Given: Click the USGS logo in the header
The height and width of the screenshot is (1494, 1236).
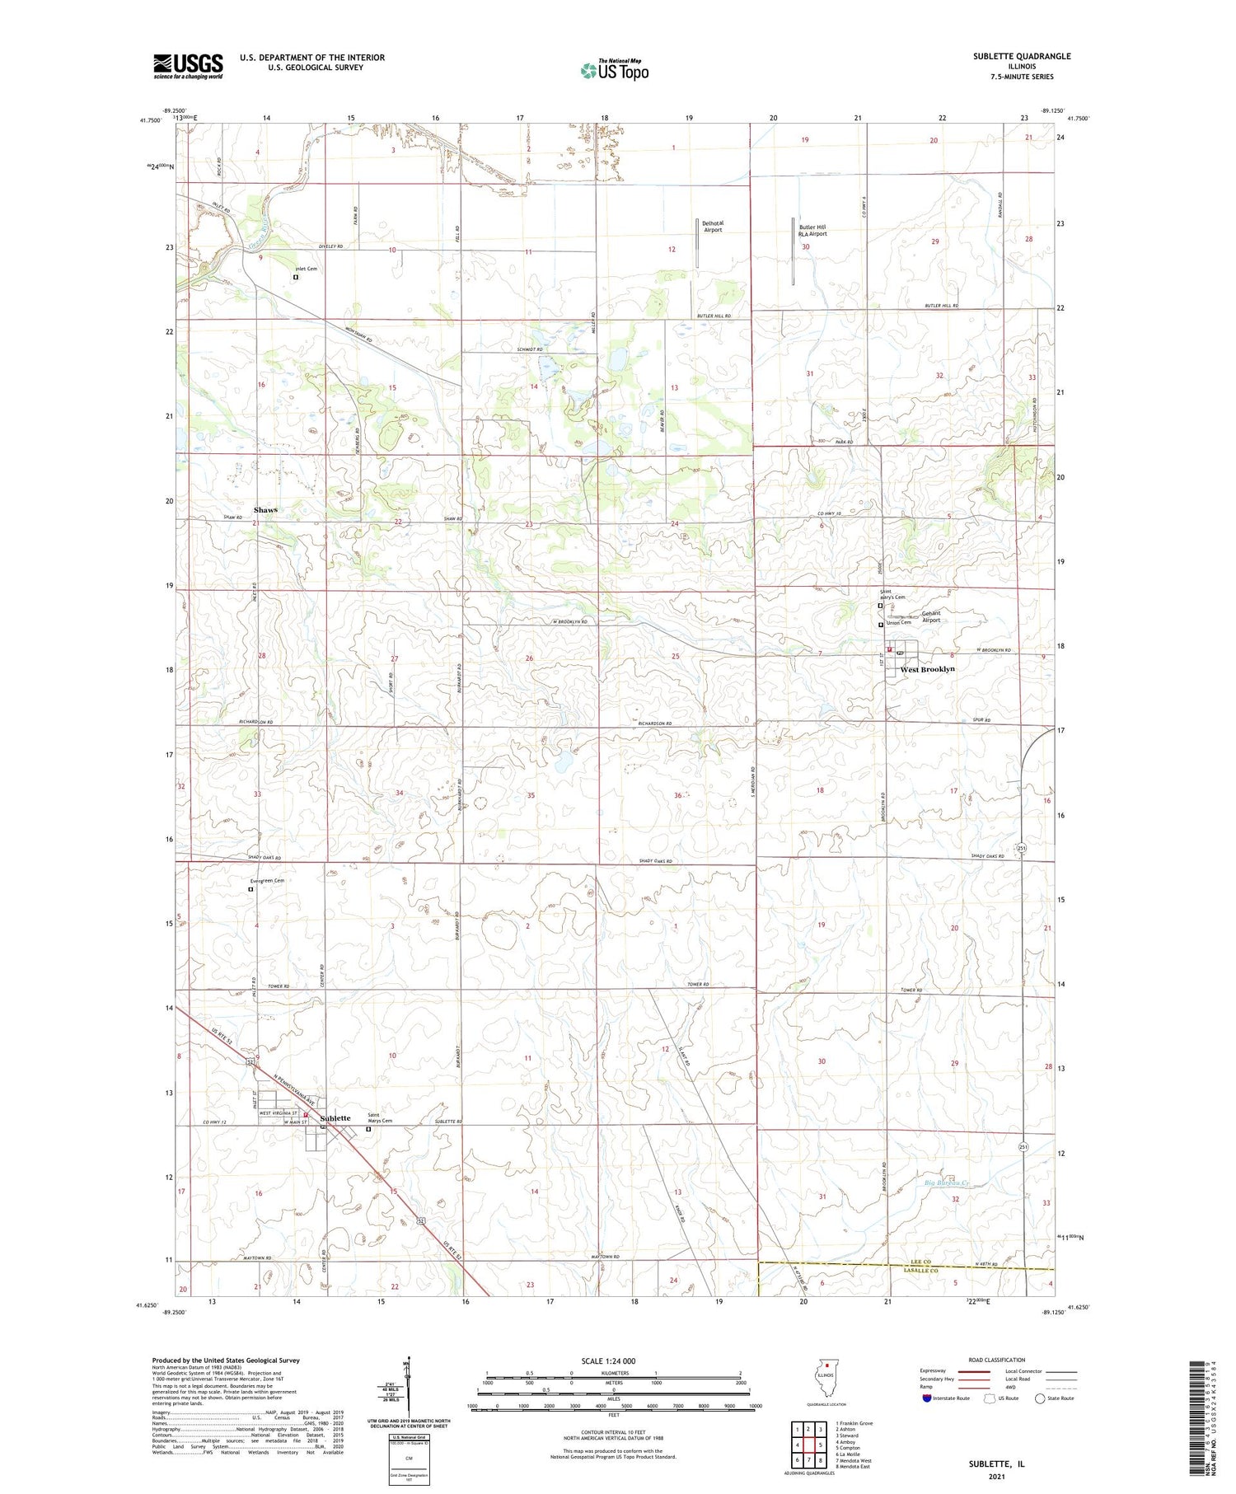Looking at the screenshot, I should pos(188,66).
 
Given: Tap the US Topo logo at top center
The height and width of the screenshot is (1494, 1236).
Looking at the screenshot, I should pos(615,71).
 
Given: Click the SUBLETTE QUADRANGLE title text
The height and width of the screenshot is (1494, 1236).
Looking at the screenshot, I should pos(1022,56).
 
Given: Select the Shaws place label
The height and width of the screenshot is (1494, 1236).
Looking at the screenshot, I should pos(265,510).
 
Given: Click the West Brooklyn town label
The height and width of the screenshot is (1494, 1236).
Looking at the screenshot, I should pos(927,669).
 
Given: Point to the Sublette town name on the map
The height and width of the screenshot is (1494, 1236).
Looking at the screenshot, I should pos(335,1118).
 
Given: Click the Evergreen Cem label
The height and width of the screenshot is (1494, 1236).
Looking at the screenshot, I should pos(268,881).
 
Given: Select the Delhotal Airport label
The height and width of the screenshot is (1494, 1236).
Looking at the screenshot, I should pos(712,227).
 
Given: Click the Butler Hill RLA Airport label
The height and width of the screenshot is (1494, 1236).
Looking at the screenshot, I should pos(812,230).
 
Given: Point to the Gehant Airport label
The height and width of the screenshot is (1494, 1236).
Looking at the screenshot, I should pos(930,616).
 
